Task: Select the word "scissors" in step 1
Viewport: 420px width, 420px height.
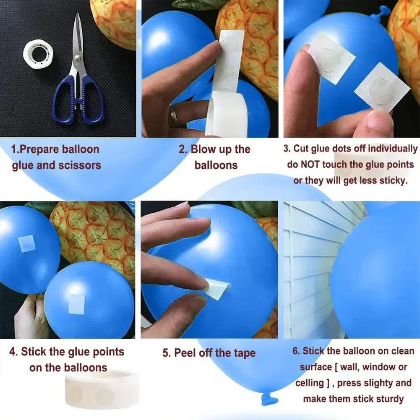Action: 80,165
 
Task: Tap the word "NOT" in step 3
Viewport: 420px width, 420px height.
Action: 311,164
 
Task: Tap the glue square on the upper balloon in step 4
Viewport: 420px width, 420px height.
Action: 27,243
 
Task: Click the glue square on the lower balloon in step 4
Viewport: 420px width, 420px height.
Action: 77,304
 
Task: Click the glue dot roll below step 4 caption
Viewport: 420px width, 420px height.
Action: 99,390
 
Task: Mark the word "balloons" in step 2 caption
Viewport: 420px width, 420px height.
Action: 216,165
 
